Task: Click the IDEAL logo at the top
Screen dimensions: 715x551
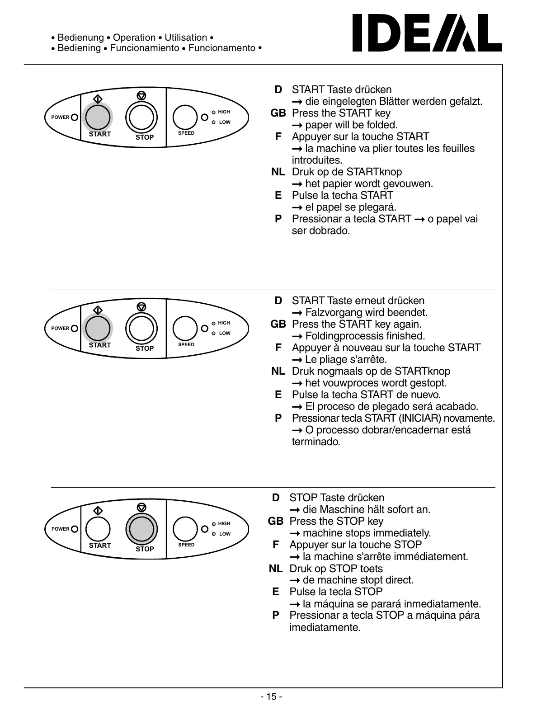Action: (427, 33)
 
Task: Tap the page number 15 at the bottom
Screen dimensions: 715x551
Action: (271, 696)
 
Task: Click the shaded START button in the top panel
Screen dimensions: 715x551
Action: (98, 117)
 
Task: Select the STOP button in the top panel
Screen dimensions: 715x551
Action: (141, 117)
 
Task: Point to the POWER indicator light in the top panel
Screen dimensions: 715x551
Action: (75, 118)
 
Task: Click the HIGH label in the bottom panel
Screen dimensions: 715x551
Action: (224, 523)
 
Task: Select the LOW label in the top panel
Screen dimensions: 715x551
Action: (225, 122)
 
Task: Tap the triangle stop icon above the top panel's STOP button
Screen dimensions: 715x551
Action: (141, 96)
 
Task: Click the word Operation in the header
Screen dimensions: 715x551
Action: (134, 38)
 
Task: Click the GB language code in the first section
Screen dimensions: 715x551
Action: (278, 113)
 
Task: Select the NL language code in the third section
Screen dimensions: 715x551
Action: (275, 569)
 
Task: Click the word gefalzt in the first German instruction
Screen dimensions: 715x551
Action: (466, 101)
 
